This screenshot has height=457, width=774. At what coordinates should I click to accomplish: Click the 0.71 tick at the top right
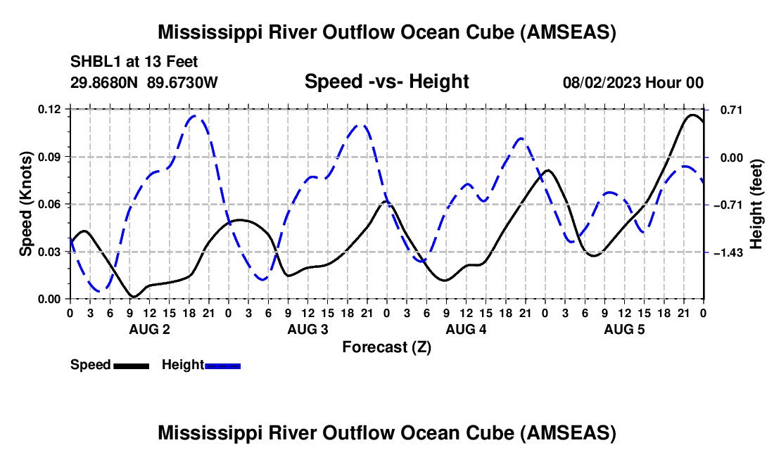(x=732, y=110)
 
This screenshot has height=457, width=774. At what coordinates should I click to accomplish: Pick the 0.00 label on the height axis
(x=732, y=157)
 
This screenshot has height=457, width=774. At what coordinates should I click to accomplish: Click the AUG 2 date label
(x=150, y=329)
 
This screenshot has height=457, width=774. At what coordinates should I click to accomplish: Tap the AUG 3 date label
(x=308, y=329)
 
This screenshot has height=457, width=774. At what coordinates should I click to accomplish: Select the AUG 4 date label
(x=466, y=329)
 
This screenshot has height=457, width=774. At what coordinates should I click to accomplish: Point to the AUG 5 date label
(x=624, y=329)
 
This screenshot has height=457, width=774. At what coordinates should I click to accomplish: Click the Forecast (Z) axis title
(x=387, y=347)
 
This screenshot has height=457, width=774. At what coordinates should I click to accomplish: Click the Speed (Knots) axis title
(x=25, y=204)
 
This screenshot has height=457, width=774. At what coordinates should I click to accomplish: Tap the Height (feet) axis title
(x=756, y=204)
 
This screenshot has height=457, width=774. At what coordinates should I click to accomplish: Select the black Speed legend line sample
(x=132, y=366)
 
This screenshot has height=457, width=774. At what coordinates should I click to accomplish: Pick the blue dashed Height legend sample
(x=222, y=366)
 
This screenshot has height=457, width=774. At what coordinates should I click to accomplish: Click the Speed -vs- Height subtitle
(x=387, y=82)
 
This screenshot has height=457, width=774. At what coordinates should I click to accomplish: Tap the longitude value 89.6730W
(x=183, y=82)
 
